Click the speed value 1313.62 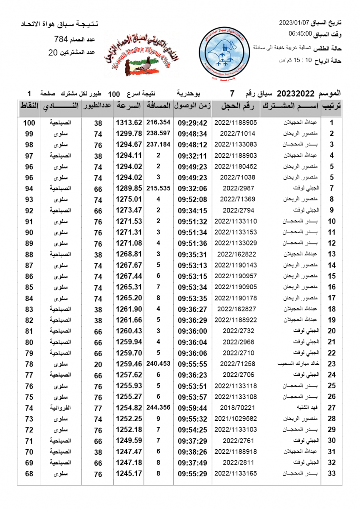point(129,123)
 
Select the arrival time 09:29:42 point(192,123)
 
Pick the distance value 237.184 point(158,145)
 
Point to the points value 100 point(29,123)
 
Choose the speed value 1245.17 point(129,474)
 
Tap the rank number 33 point(332,474)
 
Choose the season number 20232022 point(293,93)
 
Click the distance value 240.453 point(158,364)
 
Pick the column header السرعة point(129,106)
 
